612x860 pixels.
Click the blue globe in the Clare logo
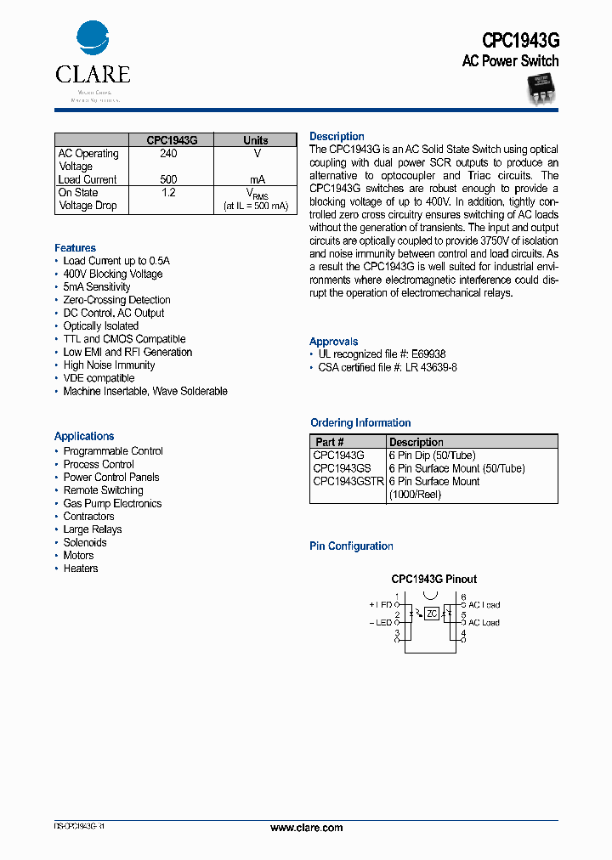point(93,39)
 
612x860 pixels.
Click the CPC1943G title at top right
point(520,40)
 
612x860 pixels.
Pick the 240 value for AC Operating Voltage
point(168,154)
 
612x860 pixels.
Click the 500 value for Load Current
point(168,179)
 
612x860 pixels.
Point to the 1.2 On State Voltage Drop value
point(168,193)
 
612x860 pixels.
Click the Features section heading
point(75,248)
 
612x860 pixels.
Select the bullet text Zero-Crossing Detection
point(116,300)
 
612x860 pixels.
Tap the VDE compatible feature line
point(99,378)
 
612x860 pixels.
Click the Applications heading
point(84,436)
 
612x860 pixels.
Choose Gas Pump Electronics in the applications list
point(112,503)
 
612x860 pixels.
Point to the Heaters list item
point(81,569)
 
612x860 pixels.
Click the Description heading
point(337,137)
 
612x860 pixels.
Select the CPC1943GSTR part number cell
point(348,481)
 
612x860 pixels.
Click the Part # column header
point(330,442)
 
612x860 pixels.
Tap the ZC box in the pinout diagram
point(432,614)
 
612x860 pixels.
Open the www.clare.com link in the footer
point(306,828)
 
